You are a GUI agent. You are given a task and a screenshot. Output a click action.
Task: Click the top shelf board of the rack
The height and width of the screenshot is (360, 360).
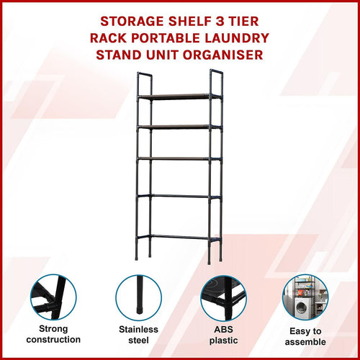(x=179, y=96)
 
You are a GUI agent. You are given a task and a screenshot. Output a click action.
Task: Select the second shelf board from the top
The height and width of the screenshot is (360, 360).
(x=179, y=127)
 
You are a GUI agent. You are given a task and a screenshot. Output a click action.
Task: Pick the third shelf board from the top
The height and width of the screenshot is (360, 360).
(x=179, y=158)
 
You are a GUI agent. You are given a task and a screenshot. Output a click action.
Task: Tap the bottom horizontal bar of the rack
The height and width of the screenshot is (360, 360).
(x=179, y=236)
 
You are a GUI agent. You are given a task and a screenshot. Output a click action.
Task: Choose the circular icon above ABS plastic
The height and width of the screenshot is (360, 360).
(x=222, y=299)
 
